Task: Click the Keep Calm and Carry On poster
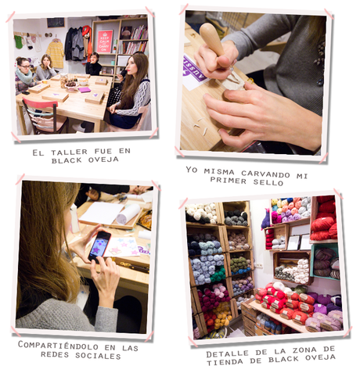tap(105, 41)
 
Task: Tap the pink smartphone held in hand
tap(99, 246)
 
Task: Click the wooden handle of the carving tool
tap(211, 38)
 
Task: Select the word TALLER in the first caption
tap(69, 152)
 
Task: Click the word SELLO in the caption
tap(268, 182)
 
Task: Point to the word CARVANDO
tap(265, 174)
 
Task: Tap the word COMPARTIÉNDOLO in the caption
tap(58, 346)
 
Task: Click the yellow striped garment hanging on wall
tap(56, 54)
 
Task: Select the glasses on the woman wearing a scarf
tap(25, 66)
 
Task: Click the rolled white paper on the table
tap(128, 213)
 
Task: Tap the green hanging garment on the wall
tap(19, 41)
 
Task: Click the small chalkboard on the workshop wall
tap(56, 23)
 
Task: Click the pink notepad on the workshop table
tap(85, 90)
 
